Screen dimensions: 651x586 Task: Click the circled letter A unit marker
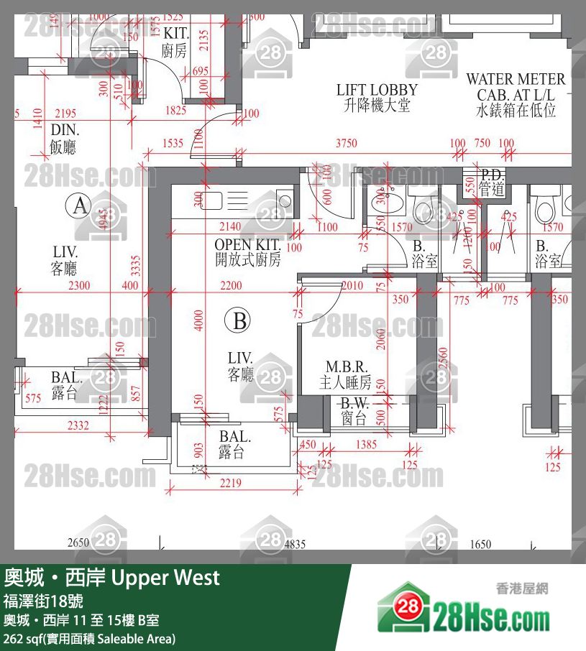(x=78, y=207)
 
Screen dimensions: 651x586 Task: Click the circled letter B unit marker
(x=239, y=320)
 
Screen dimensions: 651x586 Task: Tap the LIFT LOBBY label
(x=377, y=98)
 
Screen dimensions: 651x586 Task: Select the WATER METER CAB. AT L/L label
(x=516, y=94)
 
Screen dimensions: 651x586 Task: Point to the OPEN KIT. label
(x=247, y=252)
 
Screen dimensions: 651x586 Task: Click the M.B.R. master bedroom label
(x=346, y=374)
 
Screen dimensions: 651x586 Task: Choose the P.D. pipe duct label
(x=493, y=180)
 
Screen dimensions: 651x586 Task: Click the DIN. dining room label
(x=65, y=139)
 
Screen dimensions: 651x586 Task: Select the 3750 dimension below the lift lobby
(x=346, y=144)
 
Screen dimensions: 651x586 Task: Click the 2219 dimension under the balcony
(x=230, y=484)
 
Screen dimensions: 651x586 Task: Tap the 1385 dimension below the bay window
(x=366, y=444)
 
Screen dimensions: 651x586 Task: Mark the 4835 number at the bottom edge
(x=295, y=544)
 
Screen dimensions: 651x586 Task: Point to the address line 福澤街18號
(x=45, y=601)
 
